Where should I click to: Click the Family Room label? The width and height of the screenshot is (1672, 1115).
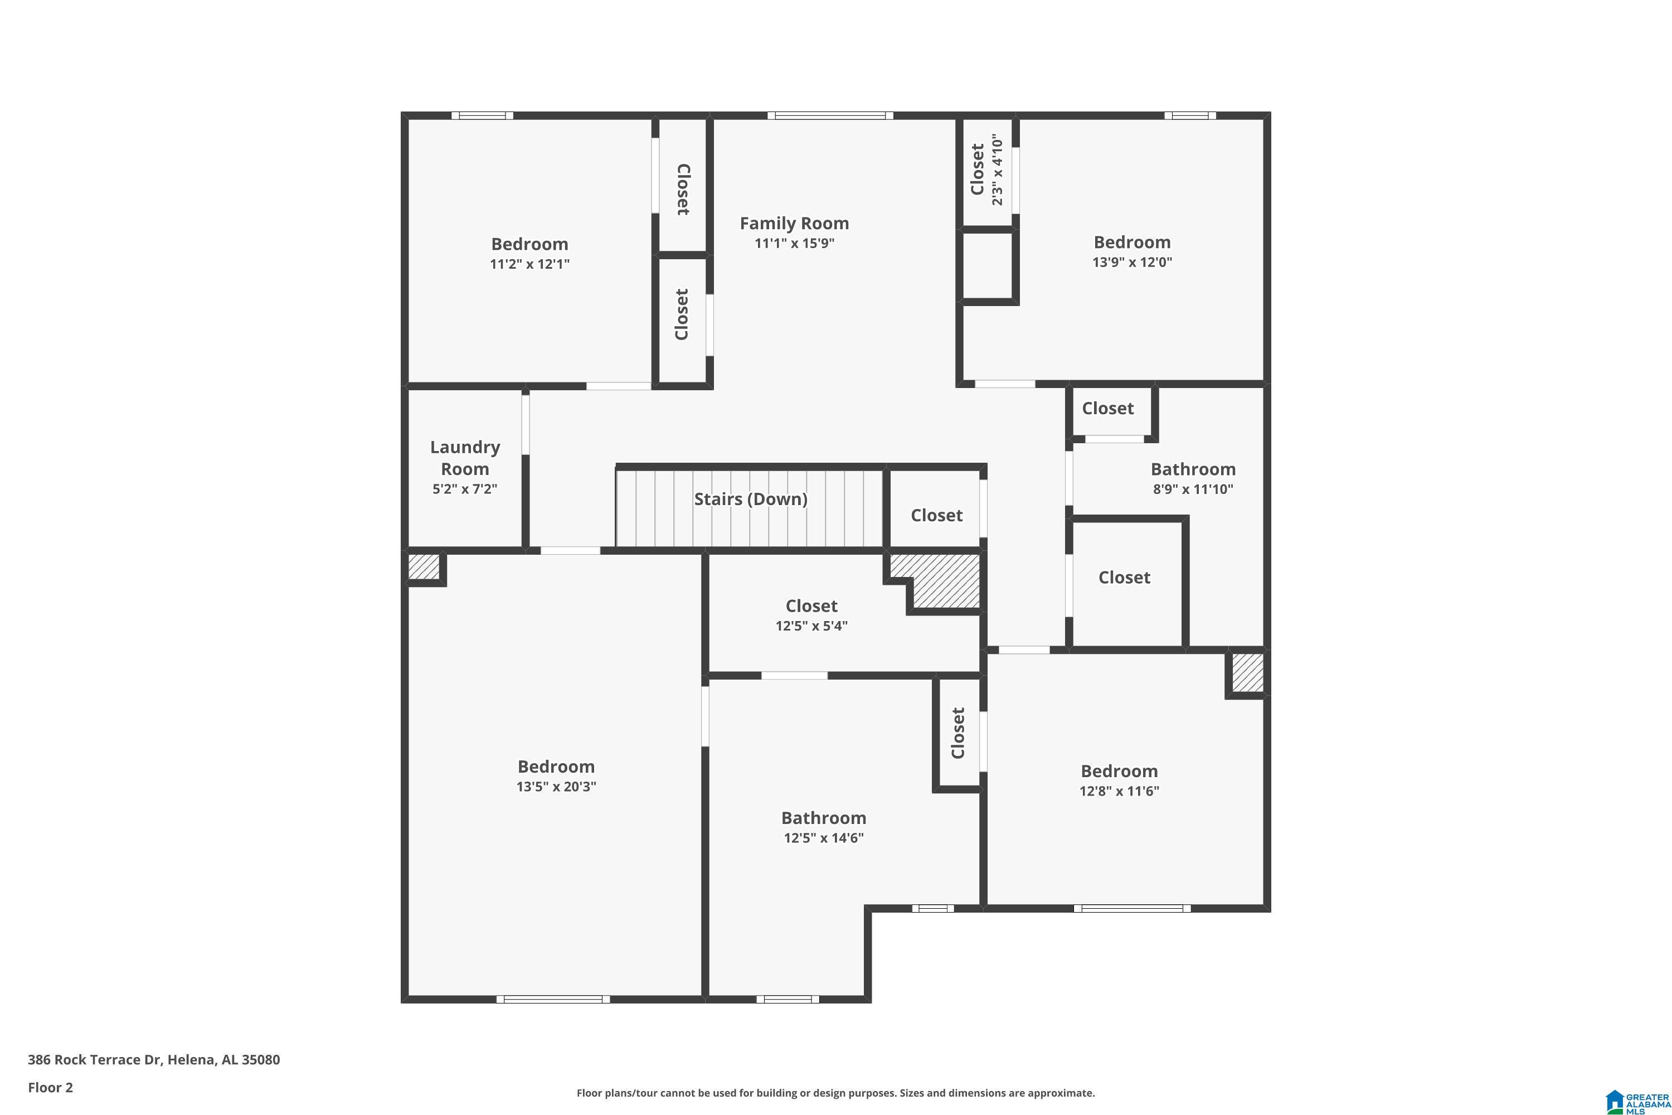click(x=794, y=224)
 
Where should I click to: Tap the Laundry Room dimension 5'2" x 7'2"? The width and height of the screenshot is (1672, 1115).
click(x=464, y=489)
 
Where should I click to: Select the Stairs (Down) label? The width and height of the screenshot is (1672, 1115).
click(x=750, y=499)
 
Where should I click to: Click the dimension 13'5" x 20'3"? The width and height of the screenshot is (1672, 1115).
click(x=556, y=787)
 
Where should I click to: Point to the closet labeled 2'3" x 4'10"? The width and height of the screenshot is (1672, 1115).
click(x=986, y=171)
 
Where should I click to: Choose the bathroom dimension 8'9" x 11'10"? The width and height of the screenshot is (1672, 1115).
click(x=1192, y=489)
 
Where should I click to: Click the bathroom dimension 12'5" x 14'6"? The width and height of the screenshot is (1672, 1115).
click(x=823, y=838)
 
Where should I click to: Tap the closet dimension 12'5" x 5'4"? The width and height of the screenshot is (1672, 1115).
click(x=811, y=626)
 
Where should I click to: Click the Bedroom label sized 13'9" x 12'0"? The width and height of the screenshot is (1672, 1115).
click(x=1132, y=243)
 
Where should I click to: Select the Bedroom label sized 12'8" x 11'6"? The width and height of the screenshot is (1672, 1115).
click(x=1119, y=771)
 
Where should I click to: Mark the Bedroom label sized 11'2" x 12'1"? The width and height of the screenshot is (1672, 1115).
click(x=529, y=244)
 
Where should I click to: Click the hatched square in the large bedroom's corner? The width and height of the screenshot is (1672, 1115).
click(x=423, y=567)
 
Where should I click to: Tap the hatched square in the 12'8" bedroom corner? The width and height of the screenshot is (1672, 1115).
click(x=1247, y=673)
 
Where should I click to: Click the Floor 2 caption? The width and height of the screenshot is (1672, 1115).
click(x=50, y=1087)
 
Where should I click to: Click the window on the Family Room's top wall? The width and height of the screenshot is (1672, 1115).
click(x=830, y=115)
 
